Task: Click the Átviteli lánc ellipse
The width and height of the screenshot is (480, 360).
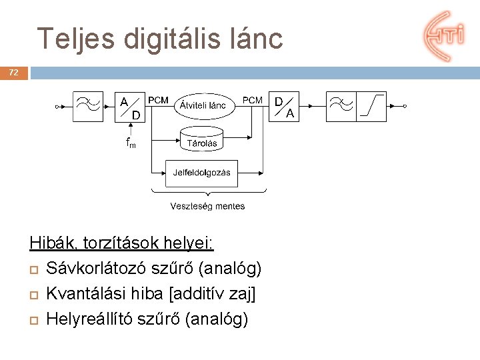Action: pos(203,105)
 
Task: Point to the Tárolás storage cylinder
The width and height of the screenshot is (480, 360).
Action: pos(202,140)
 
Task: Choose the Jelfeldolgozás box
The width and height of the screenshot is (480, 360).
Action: pos(201,173)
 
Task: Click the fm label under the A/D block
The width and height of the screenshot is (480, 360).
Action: pos(131,143)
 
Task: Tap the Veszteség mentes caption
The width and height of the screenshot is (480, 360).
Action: pos(207,207)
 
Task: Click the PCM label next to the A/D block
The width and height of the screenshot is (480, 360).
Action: pos(159,100)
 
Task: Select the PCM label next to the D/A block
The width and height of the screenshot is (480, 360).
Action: pos(252,100)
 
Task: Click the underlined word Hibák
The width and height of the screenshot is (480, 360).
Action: pos(50,243)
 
